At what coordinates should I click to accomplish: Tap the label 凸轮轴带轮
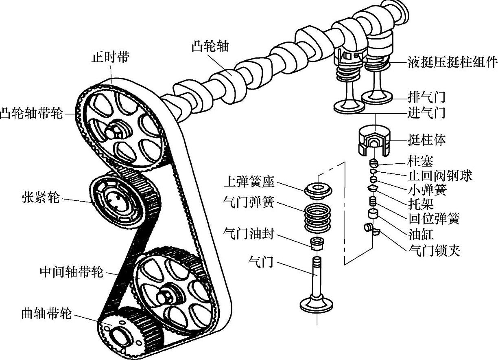(31, 113)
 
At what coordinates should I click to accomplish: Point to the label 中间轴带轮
(72, 272)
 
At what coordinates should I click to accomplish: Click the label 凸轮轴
(210, 46)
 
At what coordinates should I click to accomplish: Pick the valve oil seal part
(317, 243)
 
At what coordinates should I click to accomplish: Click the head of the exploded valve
(317, 303)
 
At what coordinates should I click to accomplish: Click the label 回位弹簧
(434, 218)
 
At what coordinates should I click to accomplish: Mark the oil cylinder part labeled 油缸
(373, 214)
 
